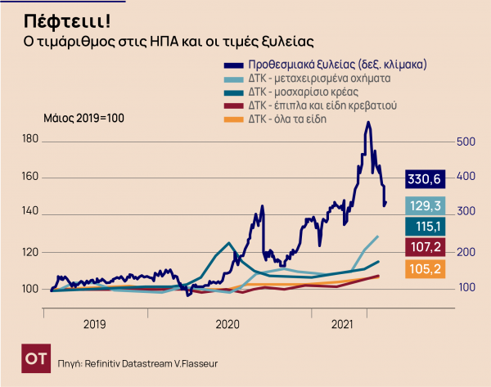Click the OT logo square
[x=34, y=360]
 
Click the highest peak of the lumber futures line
[x=369, y=123]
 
